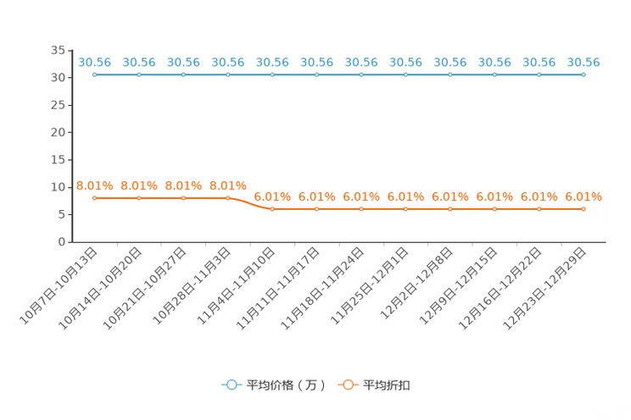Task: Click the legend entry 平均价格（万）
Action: (x=273, y=385)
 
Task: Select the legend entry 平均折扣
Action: (x=374, y=385)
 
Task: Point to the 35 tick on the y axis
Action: (x=58, y=50)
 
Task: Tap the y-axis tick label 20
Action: (x=58, y=132)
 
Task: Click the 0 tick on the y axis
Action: (x=62, y=241)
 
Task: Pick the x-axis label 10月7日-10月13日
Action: (x=59, y=285)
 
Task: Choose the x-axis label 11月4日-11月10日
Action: (x=237, y=285)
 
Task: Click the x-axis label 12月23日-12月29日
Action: (x=544, y=289)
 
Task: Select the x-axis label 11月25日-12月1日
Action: (x=370, y=285)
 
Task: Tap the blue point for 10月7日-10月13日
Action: (x=95, y=75)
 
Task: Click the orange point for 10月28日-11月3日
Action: (x=228, y=198)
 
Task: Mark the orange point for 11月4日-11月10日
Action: (x=272, y=209)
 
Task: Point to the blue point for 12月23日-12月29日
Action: (x=584, y=75)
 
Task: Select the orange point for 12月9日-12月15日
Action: (x=494, y=209)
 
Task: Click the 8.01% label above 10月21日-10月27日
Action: (x=183, y=185)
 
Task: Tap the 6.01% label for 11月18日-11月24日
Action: (x=361, y=196)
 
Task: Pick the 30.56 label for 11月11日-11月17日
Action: (x=316, y=63)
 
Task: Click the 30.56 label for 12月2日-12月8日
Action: (x=450, y=63)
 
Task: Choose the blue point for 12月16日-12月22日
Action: (x=539, y=75)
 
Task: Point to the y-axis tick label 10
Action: (x=58, y=187)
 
